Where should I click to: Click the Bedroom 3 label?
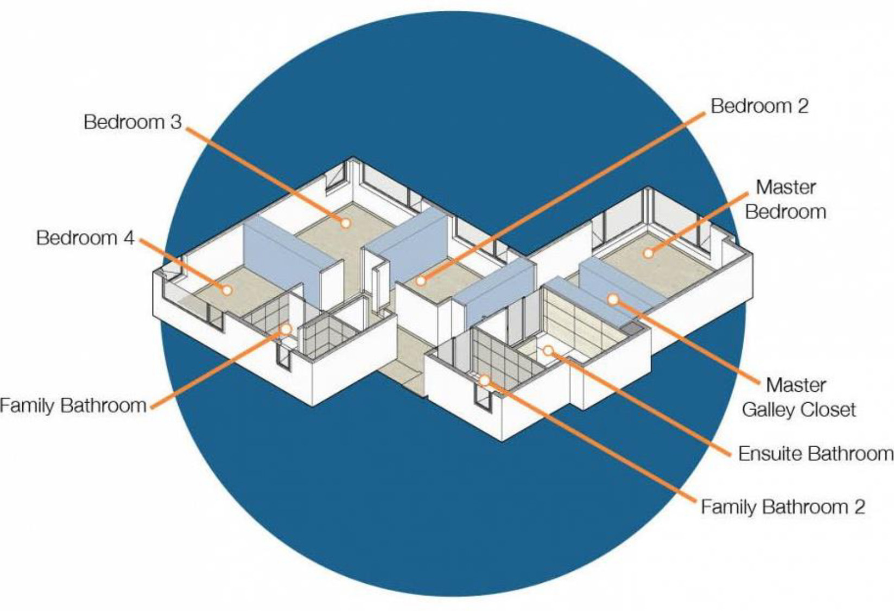pyautogui.click(x=132, y=122)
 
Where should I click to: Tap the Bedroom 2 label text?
pyautogui.click(x=759, y=106)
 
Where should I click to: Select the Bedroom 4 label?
pyautogui.click(x=85, y=238)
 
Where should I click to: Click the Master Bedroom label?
pyautogui.click(x=785, y=199)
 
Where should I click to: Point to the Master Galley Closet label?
pyautogui.click(x=798, y=397)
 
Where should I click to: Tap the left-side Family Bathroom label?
pyautogui.click(x=73, y=405)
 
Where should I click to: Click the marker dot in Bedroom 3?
pyautogui.click(x=345, y=222)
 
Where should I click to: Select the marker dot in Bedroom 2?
pyautogui.click(x=421, y=281)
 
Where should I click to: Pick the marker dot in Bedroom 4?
pyautogui.click(x=227, y=290)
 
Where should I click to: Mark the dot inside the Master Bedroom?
pyautogui.click(x=648, y=253)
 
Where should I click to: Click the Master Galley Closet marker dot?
pyautogui.click(x=613, y=299)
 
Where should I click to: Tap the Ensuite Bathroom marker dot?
pyautogui.click(x=548, y=351)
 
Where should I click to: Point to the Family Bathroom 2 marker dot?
pyautogui.click(x=484, y=380)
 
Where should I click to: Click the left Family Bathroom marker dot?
pyautogui.click(x=286, y=329)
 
